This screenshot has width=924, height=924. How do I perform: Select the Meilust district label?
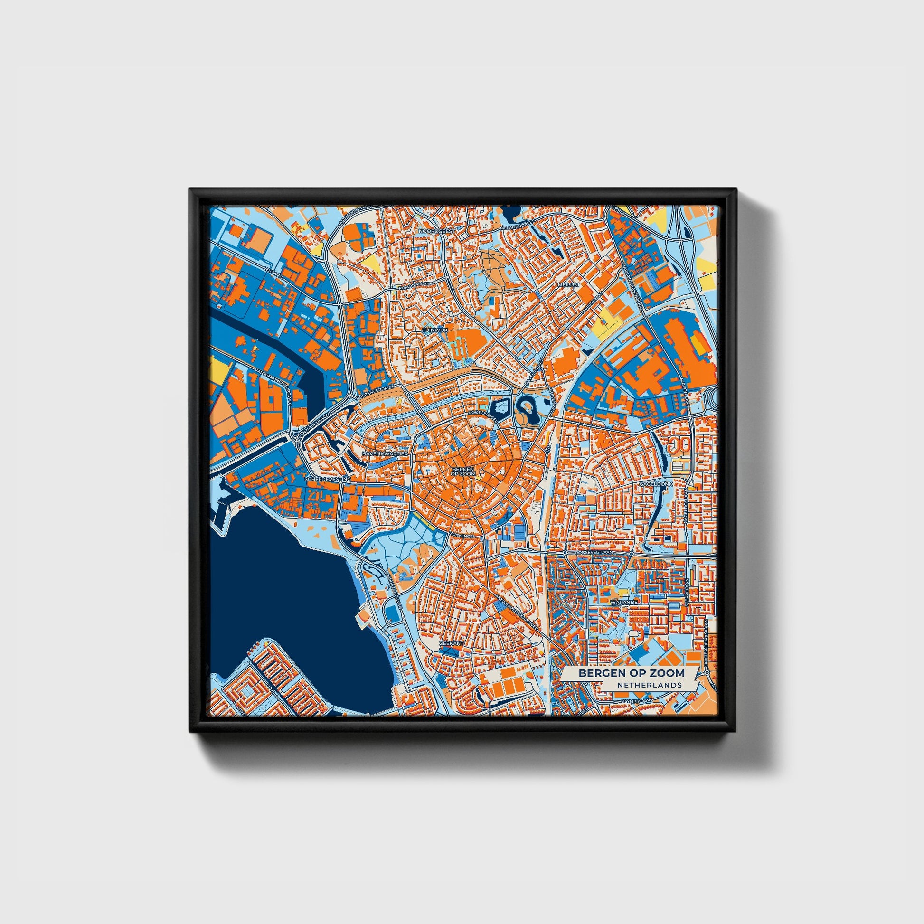click(x=569, y=284)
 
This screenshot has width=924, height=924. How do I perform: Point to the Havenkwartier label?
click(x=385, y=453)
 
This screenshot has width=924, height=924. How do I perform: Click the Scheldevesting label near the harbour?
click(x=328, y=479)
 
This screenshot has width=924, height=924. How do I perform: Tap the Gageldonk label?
click(x=656, y=484)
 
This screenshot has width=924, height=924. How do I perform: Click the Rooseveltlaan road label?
click(x=593, y=552)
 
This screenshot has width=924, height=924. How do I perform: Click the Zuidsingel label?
click(x=462, y=537)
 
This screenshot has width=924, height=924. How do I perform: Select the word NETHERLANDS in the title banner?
click(x=649, y=685)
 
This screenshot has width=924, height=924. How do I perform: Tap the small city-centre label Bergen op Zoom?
click(x=462, y=471)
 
